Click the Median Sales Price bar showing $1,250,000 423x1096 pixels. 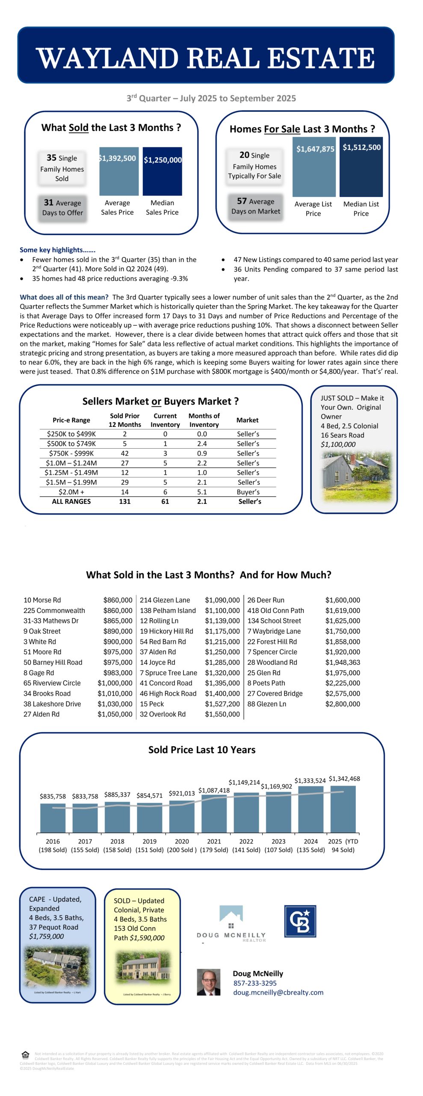pos(162,171)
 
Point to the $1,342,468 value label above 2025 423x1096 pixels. pos(344,779)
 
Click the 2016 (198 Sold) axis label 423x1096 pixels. pos(53,846)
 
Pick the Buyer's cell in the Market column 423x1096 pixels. pos(248,492)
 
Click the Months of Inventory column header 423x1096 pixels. pos(204,420)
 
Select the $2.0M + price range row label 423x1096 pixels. pos(71,492)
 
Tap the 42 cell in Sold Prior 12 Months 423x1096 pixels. pos(124,453)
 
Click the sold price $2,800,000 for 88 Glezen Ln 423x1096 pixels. pos(343,704)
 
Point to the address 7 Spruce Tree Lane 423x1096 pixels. pos(169,673)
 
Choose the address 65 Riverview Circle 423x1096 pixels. pos(52,683)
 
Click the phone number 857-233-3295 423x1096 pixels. pos(255,983)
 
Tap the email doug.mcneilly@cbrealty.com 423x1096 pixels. pos(278,992)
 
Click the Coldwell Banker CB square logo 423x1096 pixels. pos(300,921)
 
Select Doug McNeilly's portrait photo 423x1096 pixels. pos(208,982)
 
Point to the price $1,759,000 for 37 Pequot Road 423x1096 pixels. pos(46,936)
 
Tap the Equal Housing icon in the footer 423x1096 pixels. pos(26,1054)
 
